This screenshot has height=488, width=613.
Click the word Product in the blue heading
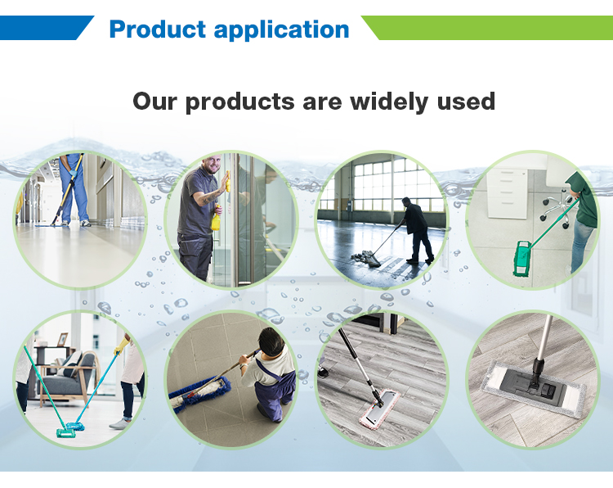tap(157, 29)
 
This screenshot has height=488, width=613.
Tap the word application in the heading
tap(281, 30)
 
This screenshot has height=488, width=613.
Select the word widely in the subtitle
tap(389, 102)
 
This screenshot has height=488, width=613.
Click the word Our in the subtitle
tap(154, 102)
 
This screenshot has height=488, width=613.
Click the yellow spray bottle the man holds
tap(216, 220)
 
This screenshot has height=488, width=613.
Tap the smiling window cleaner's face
tap(213, 165)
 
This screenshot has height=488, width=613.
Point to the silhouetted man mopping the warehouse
tap(417, 230)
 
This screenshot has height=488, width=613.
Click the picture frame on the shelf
tap(62, 340)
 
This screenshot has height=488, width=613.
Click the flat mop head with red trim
tap(378, 409)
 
